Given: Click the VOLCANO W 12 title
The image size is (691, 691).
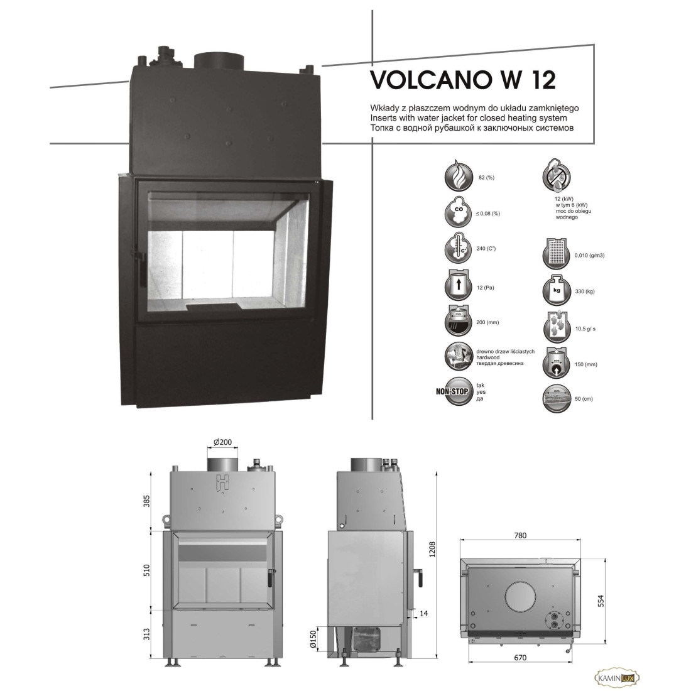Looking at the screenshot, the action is (x=463, y=80).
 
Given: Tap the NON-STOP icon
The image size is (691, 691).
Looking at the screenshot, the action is (x=455, y=391).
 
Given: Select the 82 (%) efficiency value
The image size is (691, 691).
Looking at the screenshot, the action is (x=486, y=178).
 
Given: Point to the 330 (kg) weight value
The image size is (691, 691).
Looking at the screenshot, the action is (x=585, y=291).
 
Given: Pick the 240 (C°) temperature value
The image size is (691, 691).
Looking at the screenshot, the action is (x=486, y=249).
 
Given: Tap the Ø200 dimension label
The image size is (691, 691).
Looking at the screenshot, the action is (x=222, y=442).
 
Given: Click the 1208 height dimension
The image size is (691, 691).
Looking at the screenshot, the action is (x=432, y=549).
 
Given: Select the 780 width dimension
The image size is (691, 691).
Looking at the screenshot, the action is (x=520, y=535).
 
